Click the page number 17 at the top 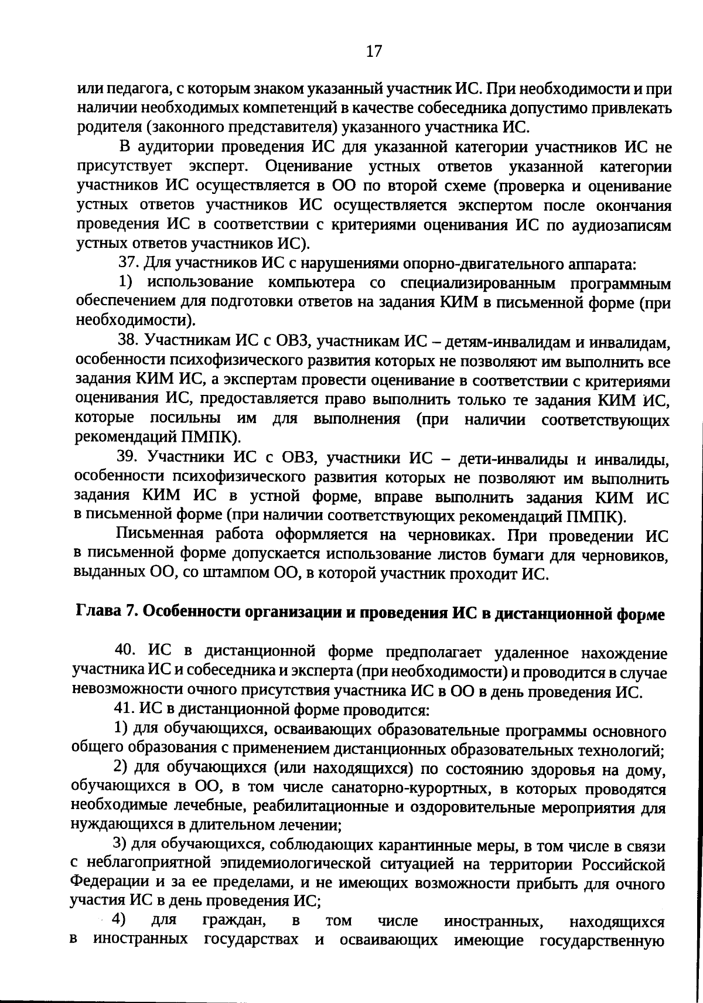[373, 52]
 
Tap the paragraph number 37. [127, 262]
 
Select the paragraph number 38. [127, 340]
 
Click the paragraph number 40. [125, 651]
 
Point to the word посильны [186, 419]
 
